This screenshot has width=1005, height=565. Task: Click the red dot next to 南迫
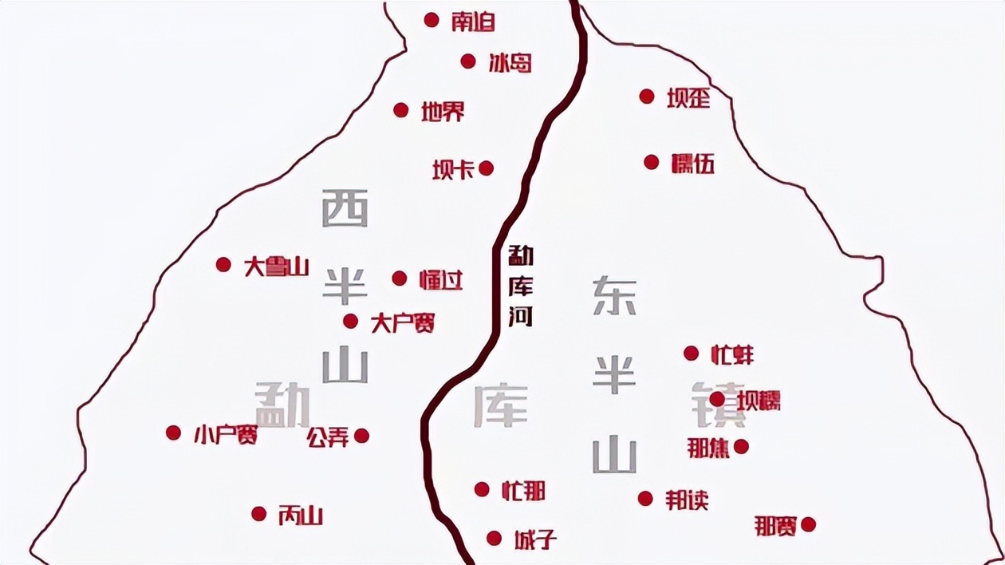[432, 20]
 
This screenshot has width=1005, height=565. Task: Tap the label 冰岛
[510, 62]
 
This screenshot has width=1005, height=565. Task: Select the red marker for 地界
[401, 110]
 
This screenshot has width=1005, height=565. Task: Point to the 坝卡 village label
[453, 169]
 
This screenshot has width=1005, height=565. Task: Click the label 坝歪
[688, 98]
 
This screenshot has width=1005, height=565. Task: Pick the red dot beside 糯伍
[652, 163]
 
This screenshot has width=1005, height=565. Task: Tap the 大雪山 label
[276, 267]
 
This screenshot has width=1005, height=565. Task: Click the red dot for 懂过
[400, 279]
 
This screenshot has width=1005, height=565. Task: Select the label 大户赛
[403, 322]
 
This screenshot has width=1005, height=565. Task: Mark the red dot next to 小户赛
[173, 433]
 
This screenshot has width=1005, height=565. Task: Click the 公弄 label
[328, 437]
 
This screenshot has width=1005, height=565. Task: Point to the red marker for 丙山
[258, 514]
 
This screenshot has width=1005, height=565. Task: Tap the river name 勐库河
[521, 286]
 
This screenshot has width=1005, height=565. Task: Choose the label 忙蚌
[731, 354]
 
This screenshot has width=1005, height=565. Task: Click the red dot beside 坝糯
[717, 399]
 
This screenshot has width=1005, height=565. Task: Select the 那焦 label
[708, 448]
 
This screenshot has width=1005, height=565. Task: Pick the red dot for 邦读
[645, 499]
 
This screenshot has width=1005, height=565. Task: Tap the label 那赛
[775, 526]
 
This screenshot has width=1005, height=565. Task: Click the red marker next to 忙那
[482, 489]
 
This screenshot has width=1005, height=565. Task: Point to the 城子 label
[534, 539]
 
